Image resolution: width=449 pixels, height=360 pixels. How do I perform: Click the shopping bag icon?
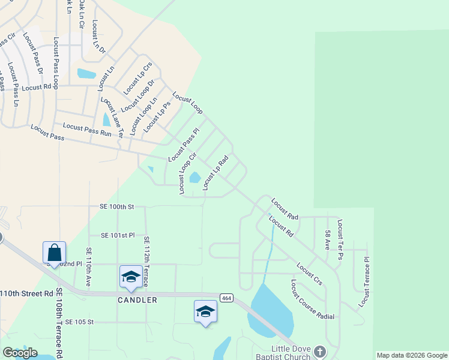point(54,253)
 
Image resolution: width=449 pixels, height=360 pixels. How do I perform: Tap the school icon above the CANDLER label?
point(131,277)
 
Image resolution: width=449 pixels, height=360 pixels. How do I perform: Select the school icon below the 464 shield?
point(205,311)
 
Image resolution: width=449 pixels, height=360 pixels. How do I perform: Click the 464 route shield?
point(226,298)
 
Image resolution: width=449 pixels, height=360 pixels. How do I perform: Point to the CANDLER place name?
point(137,299)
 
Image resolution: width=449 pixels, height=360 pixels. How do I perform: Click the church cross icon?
point(319,352)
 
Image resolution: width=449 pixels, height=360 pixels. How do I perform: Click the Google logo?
point(20,353)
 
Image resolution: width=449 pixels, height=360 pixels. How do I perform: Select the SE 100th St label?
point(116,206)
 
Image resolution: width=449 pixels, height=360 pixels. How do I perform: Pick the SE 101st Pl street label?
point(118,235)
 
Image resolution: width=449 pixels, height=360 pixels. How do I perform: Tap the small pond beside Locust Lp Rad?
point(194,178)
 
